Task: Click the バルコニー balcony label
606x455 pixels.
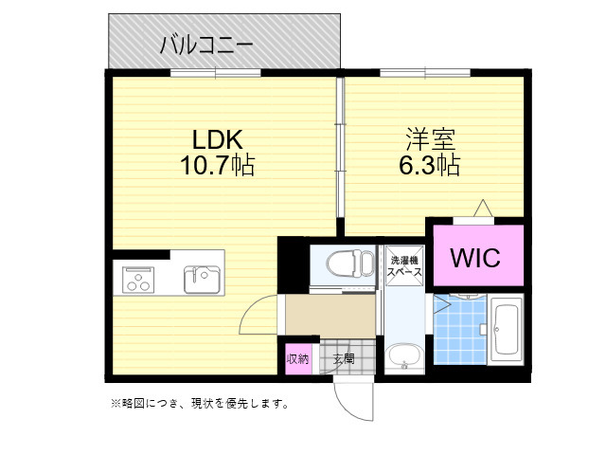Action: [205, 43]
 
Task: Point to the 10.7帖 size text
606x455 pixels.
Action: [217, 167]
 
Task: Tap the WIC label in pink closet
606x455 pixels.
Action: [476, 257]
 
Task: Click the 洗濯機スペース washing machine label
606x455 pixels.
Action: [403, 264]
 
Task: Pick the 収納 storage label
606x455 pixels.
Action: [297, 359]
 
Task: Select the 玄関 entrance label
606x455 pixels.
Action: [344, 359]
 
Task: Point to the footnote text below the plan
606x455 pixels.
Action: [200, 404]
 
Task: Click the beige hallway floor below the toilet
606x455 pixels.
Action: [329, 316]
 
